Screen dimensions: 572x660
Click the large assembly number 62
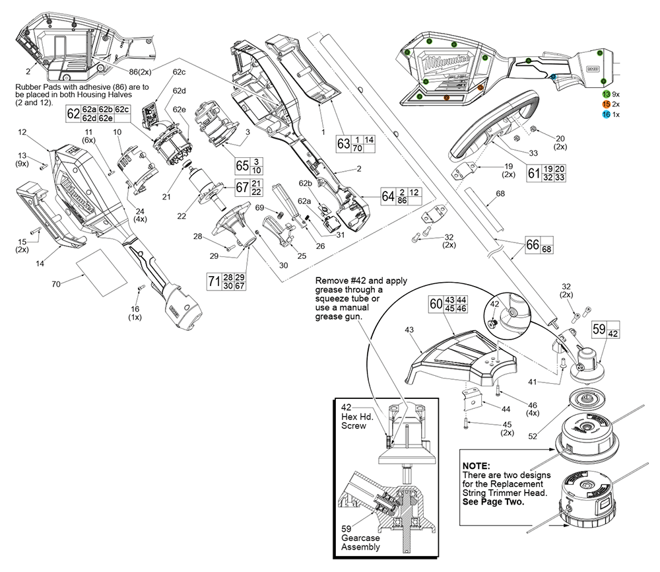pyautogui.click(x=73, y=113)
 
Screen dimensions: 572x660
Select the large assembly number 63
pyautogui.click(x=343, y=144)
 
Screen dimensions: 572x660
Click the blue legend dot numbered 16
pyautogui.click(x=606, y=115)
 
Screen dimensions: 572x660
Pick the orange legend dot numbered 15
pyautogui.click(x=606, y=105)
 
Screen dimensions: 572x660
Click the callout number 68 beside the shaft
pyautogui.click(x=500, y=194)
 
